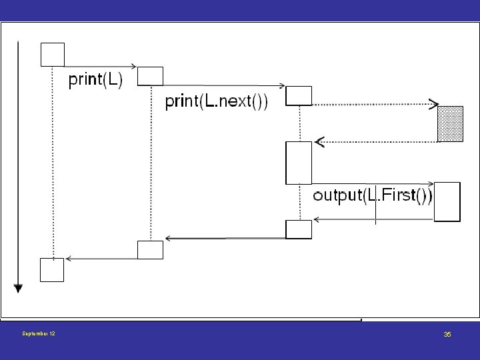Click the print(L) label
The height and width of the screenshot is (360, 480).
click(95, 80)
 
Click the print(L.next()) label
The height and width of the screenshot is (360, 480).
click(216, 101)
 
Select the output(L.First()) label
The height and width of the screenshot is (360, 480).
click(373, 195)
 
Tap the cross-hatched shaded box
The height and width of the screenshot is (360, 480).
click(450, 124)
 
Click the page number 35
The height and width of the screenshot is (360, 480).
click(447, 334)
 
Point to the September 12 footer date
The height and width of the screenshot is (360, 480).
click(39, 333)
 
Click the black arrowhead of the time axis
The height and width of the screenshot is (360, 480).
click(18, 289)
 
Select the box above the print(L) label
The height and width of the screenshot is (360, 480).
click(53, 55)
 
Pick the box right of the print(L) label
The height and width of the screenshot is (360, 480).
click(150, 76)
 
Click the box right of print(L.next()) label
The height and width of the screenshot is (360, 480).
click(299, 96)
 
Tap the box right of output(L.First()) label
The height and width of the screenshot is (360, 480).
click(447, 202)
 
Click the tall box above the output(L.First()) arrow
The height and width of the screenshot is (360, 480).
click(299, 163)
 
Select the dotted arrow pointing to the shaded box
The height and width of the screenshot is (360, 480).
click(375, 105)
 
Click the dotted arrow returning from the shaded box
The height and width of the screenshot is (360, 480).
click(376, 142)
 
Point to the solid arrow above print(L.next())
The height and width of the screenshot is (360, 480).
click(224, 86)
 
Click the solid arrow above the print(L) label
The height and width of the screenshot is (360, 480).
click(101, 67)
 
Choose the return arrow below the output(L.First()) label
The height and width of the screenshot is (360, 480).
click(374, 219)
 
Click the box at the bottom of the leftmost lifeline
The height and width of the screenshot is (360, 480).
click(52, 270)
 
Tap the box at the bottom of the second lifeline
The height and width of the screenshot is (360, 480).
click(150, 250)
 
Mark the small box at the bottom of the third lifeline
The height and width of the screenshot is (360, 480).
click(299, 229)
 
